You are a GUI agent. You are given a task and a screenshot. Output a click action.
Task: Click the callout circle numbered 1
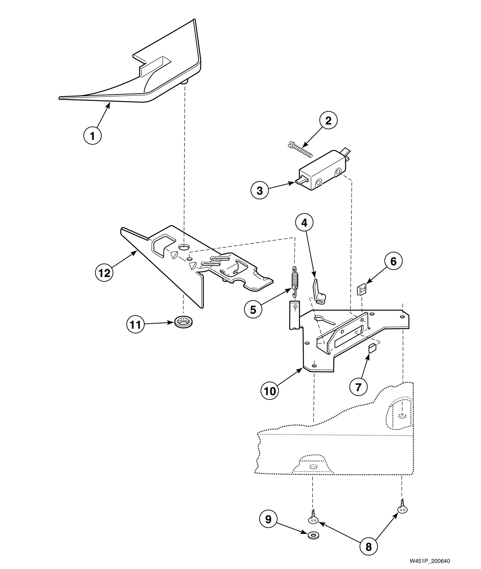(x=92, y=136)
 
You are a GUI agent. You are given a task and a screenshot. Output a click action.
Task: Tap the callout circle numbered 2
(x=328, y=121)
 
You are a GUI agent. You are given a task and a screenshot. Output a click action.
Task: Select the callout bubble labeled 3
(x=260, y=190)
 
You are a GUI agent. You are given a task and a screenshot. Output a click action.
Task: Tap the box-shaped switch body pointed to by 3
(x=322, y=176)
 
